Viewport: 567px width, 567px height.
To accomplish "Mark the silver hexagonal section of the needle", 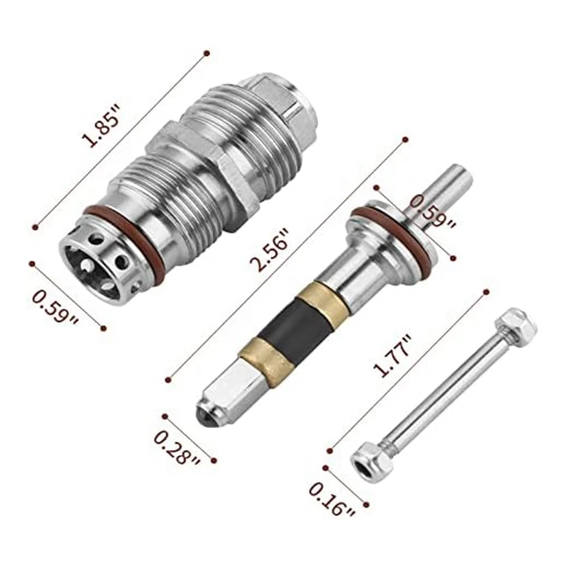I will tap(227, 386).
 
